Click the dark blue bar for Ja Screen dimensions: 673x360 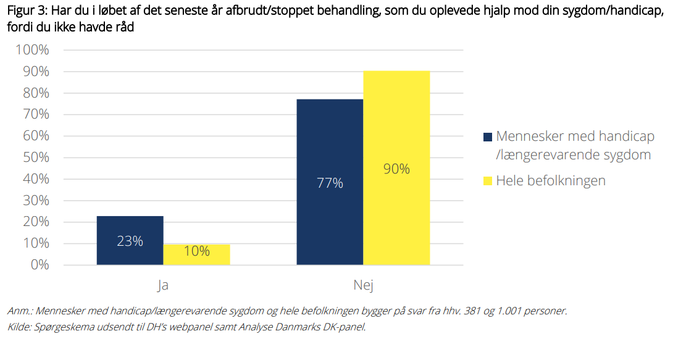130,240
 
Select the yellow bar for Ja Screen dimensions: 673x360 196,254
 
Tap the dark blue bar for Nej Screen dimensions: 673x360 330,182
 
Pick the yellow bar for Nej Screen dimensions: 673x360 396,168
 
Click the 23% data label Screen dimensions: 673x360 130,241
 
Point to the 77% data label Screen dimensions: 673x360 330,183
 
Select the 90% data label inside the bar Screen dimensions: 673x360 396,169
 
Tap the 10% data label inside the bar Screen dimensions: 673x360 196,251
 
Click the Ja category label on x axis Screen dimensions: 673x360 163,285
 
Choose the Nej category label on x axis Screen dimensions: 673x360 364,285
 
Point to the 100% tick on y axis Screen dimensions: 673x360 33,50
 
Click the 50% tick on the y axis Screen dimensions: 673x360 36,157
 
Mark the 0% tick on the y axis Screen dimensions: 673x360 40,265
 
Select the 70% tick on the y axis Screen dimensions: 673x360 36,114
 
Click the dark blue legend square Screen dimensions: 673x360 488,137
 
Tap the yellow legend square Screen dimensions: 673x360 488,181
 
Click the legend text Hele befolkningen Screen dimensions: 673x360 551,181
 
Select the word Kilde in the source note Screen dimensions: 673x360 19,327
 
